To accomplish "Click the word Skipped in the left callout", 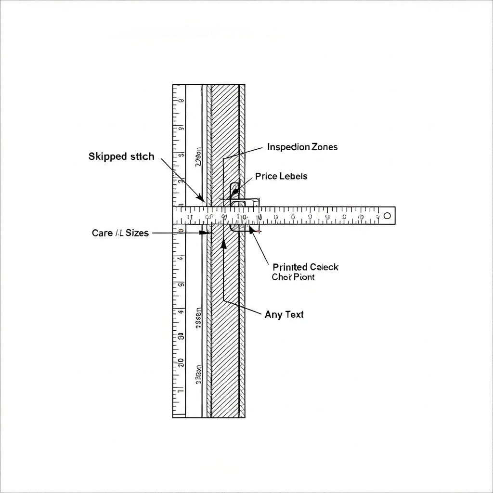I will [107, 156].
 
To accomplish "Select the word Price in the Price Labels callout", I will [266, 176].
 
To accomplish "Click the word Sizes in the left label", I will [133, 233].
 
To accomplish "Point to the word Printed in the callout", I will [290, 267].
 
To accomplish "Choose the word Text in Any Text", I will [294, 315].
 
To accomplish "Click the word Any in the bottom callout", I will [273, 315].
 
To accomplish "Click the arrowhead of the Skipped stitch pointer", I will [200, 198].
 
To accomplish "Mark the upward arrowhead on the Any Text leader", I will [223, 243].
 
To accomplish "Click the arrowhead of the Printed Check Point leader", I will [251, 230].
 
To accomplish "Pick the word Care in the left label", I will [102, 233].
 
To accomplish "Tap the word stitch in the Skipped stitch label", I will [143, 156].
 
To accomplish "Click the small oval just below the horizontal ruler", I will [181, 232].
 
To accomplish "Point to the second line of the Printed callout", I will [293, 277].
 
